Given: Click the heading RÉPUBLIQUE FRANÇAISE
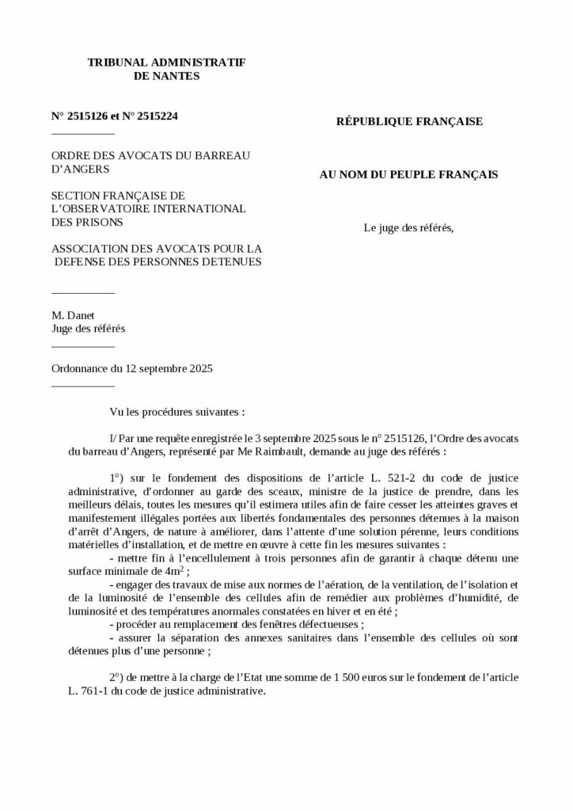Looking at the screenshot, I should tap(409, 122).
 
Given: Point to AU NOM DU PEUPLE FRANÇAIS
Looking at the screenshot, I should tap(408, 175).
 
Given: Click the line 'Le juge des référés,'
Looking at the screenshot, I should tap(408, 229).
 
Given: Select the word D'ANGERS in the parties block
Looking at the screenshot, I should tap(81, 169).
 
